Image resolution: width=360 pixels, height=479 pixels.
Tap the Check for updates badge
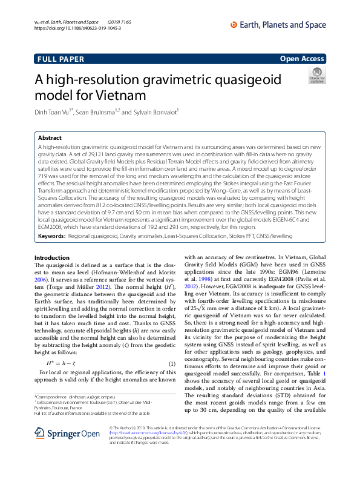tap(316, 76)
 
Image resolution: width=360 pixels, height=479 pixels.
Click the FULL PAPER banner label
tap(58, 59)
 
